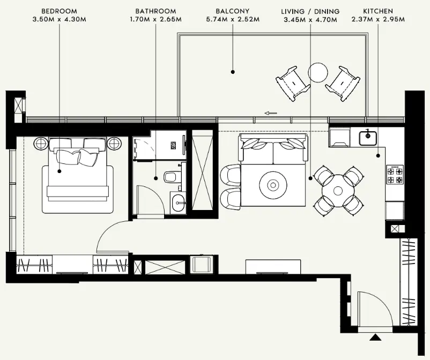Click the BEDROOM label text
59,11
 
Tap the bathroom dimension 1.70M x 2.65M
155,20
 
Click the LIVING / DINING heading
310,11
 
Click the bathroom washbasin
179,201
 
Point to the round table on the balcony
317,72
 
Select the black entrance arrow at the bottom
376,337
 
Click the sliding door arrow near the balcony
271,113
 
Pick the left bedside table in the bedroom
42,144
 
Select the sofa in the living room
273,149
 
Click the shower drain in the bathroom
173,145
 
